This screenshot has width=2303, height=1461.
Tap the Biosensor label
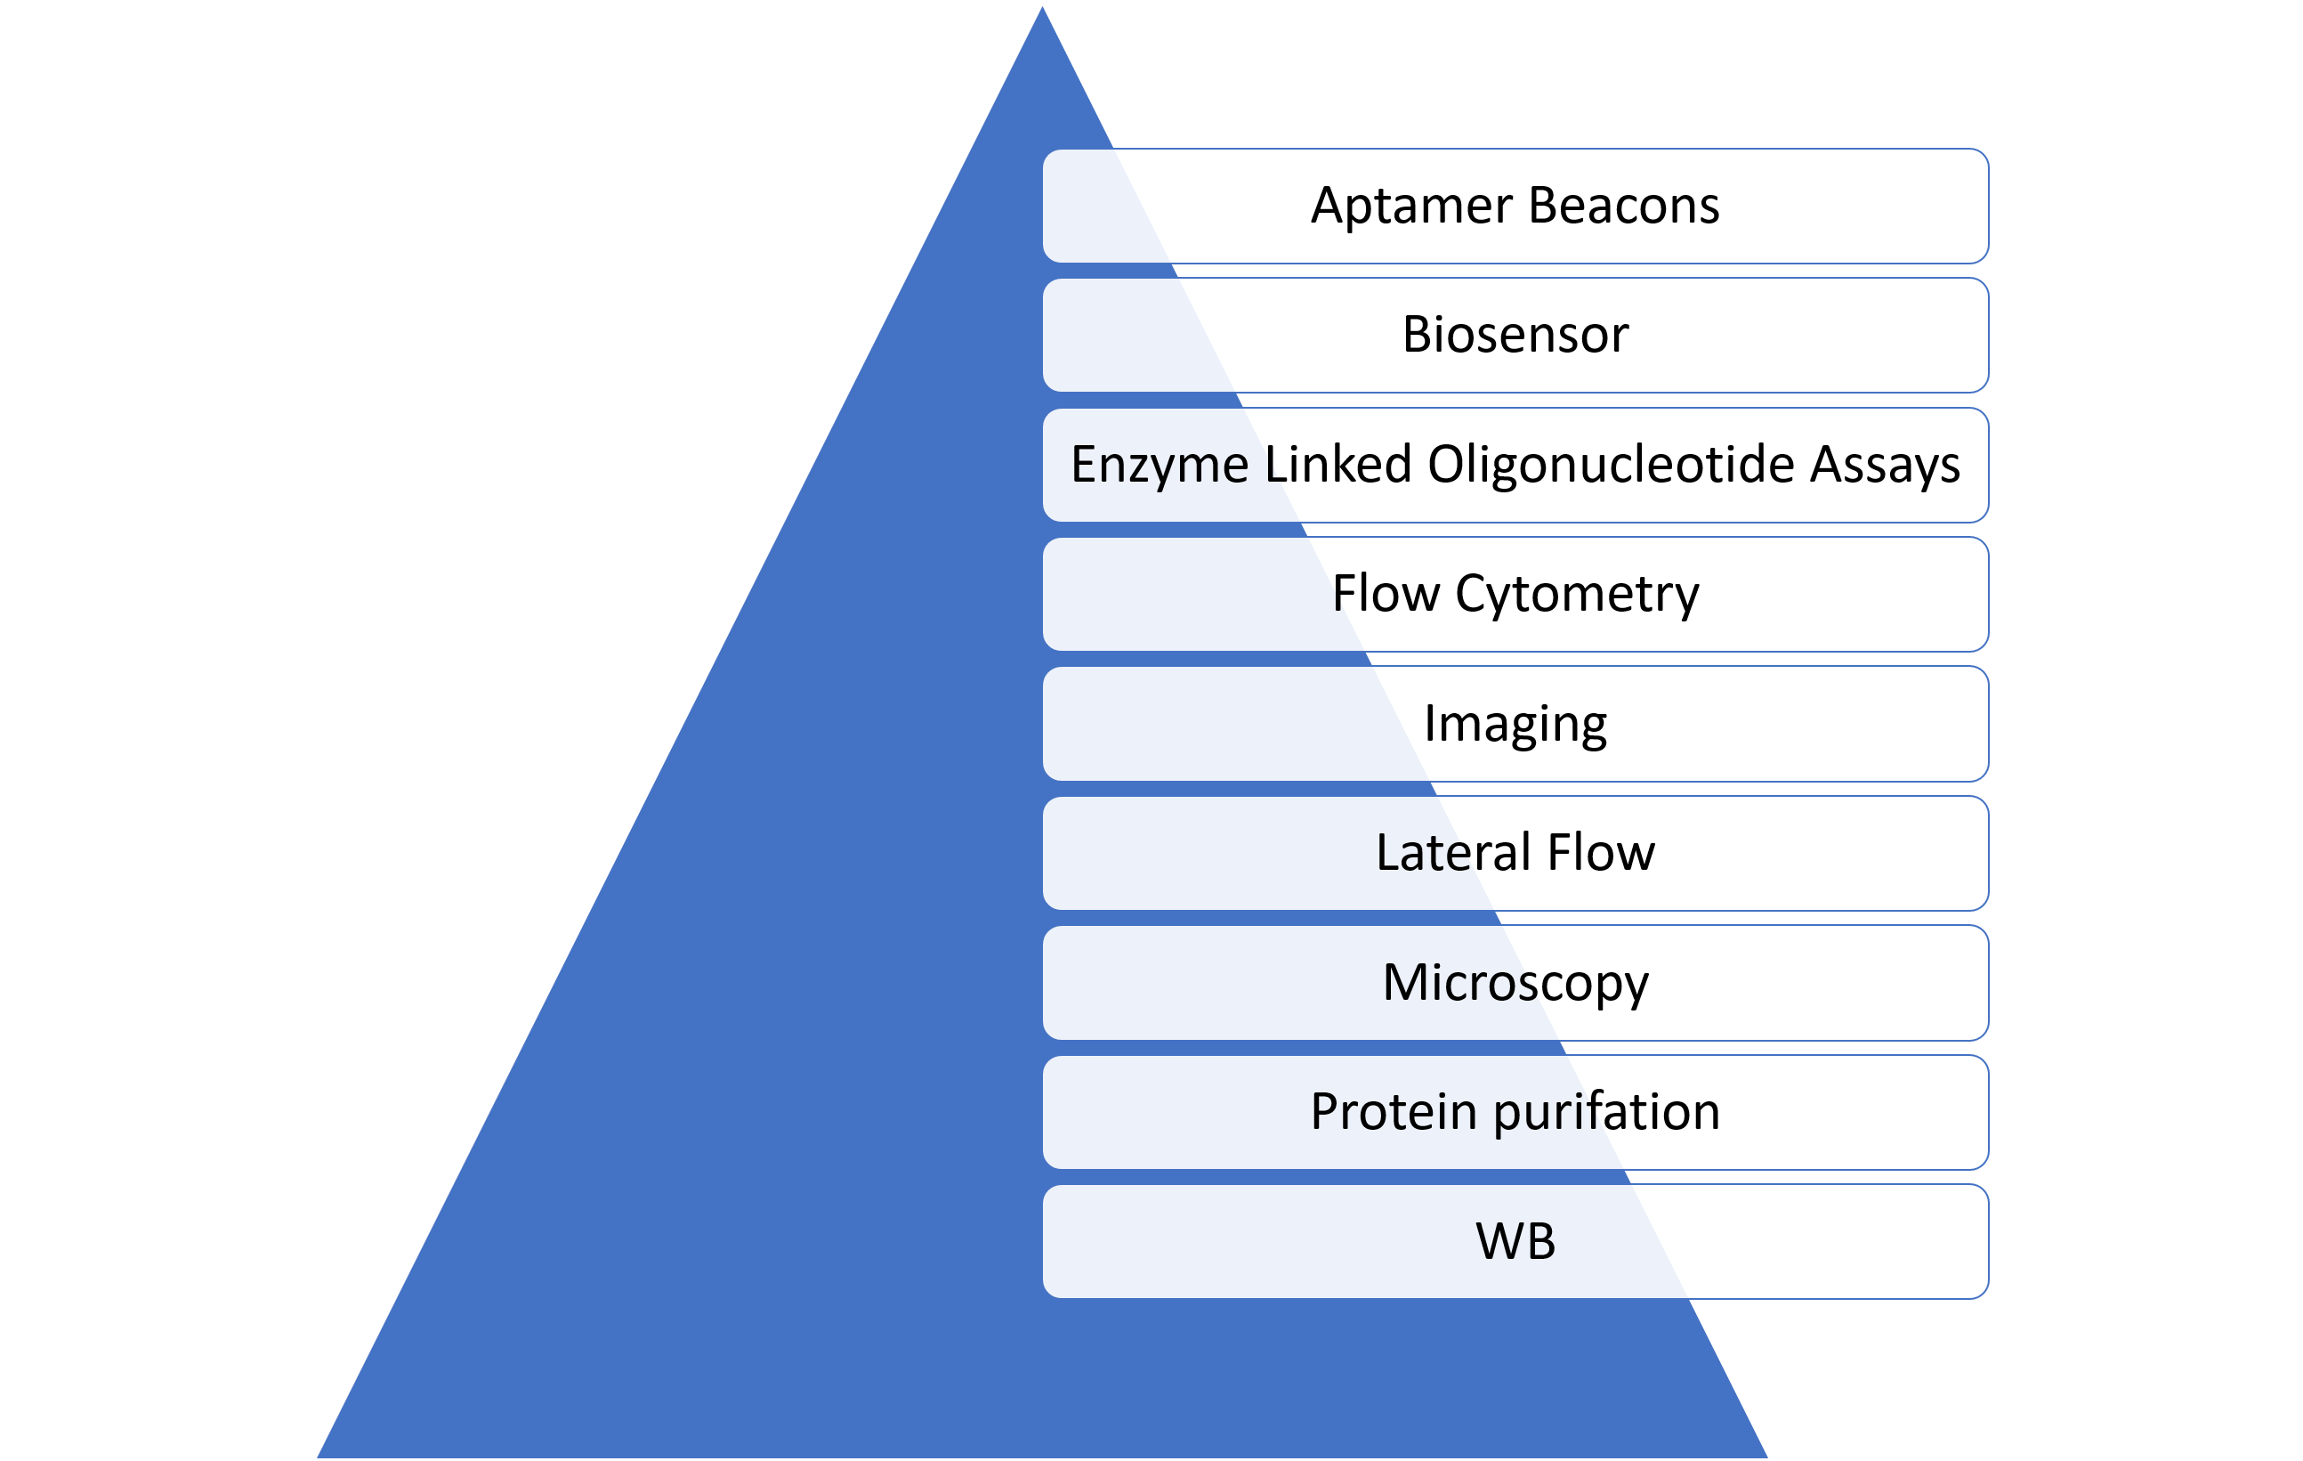point(1515,335)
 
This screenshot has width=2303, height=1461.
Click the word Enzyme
point(1160,466)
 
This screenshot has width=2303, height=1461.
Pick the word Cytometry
point(1577,595)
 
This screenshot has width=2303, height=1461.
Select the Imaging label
point(1515,726)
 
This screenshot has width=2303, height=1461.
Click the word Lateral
point(1454,853)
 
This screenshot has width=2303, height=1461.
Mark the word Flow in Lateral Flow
point(1601,853)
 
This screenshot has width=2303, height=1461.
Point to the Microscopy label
point(1515,984)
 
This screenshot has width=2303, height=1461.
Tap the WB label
point(1515,1242)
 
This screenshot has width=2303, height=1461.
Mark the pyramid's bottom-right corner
point(1769,1457)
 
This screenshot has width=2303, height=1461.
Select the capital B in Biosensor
point(1418,335)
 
